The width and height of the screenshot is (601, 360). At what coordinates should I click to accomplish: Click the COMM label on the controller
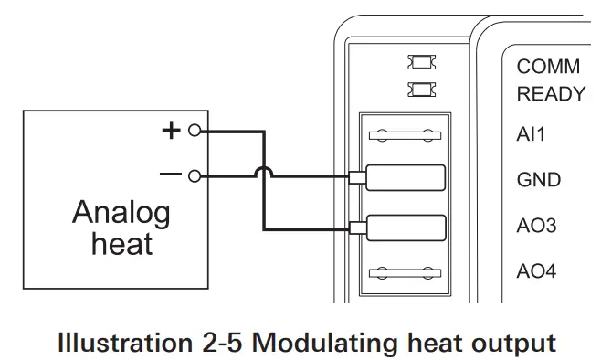[548, 68]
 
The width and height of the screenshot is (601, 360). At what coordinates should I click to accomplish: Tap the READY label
[551, 94]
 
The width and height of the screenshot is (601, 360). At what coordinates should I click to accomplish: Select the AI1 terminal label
[531, 134]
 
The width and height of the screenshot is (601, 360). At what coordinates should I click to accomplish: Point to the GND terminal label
[538, 180]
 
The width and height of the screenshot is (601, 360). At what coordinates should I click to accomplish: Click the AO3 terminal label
[536, 226]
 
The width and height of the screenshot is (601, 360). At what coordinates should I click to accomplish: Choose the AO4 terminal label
[536, 271]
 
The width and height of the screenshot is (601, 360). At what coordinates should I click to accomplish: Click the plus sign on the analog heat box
[171, 130]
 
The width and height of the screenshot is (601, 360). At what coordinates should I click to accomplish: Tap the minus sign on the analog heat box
[171, 174]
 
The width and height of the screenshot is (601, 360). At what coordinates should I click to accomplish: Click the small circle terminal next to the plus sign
[193, 131]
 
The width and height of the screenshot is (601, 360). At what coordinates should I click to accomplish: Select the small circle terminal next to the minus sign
[193, 175]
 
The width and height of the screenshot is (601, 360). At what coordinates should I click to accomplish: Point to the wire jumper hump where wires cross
[264, 172]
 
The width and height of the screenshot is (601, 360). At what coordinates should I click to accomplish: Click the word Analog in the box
[121, 214]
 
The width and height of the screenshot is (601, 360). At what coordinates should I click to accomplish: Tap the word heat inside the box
[121, 244]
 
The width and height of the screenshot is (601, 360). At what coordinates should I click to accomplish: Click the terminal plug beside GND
[404, 178]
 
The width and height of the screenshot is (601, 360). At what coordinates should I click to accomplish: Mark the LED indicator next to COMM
[422, 64]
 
